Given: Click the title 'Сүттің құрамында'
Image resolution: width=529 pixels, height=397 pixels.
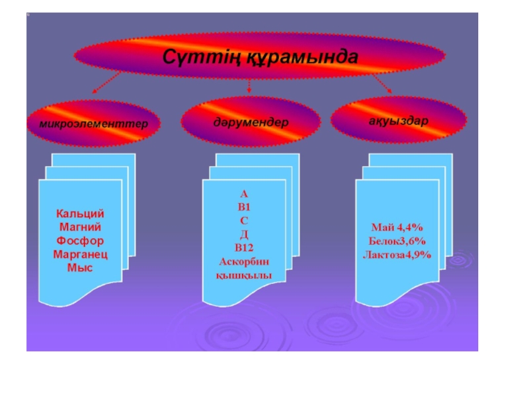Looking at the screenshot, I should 261,57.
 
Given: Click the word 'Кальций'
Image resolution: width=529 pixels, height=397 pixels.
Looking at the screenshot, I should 80,214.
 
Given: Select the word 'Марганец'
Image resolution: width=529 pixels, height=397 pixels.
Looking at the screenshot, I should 80,254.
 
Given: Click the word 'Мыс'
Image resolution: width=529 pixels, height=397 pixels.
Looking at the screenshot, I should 80,267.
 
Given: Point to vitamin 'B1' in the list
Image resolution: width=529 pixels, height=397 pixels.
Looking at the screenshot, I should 243,207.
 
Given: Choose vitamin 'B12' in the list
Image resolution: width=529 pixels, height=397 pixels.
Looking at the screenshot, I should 244,247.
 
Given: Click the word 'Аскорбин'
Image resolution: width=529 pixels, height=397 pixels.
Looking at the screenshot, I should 244,261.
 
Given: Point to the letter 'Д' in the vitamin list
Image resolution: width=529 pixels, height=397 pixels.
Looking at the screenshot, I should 243,234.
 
